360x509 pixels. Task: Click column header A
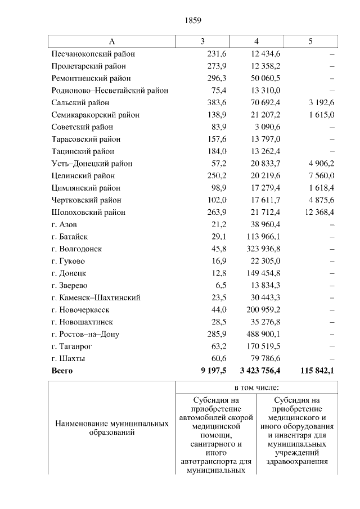[111, 42]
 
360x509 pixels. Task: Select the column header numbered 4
[256, 42]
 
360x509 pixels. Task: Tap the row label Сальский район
[80, 103]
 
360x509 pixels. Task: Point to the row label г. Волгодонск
[76, 249]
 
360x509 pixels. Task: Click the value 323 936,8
[262, 249]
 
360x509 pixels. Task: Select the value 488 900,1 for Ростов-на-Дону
[262, 334]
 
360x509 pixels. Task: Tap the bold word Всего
[62, 371]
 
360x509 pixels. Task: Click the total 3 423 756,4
[256, 371]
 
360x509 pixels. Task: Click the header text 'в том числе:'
[257, 388]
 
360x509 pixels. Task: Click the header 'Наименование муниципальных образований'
[111, 429]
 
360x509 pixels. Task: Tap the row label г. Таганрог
[71, 346]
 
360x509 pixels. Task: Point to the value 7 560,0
[319, 175]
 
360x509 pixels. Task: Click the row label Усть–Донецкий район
[92, 164]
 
